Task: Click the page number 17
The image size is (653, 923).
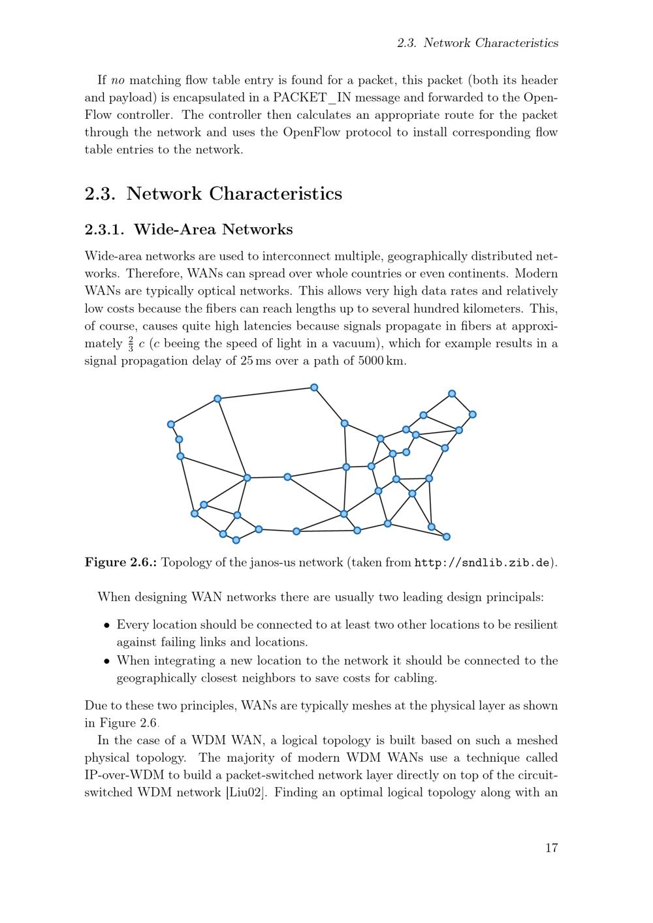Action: [551, 848]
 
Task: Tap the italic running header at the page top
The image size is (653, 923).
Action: [477, 43]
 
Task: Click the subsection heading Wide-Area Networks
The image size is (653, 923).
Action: [213, 230]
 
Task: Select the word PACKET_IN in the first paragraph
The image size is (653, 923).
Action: [311, 98]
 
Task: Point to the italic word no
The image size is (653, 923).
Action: [118, 81]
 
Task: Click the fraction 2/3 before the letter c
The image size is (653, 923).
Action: [130, 343]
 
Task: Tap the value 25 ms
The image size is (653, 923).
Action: [255, 361]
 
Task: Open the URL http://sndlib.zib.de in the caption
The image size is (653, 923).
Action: [484, 563]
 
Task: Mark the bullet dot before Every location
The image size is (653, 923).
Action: [106, 625]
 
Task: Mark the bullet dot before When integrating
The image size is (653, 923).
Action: [106, 661]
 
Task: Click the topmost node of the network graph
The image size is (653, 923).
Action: [314, 388]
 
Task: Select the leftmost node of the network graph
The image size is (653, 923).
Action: [171, 424]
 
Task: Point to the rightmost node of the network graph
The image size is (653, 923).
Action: [473, 415]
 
